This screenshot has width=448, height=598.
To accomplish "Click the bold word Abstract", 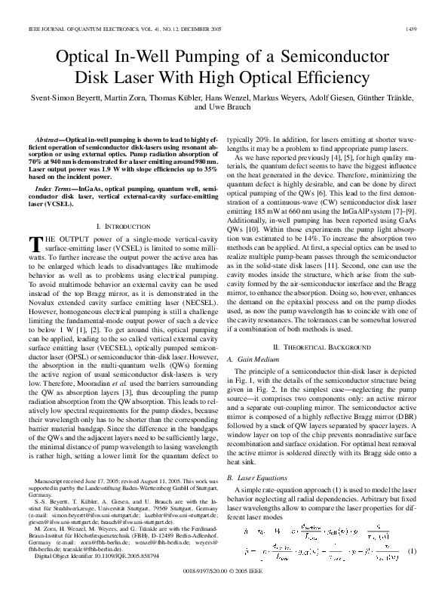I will pyautogui.click(x=50, y=140).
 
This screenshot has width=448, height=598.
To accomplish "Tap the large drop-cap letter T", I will pyautogui.click(x=33, y=243).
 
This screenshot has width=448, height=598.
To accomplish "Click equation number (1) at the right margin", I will pyautogui.click(x=412, y=550).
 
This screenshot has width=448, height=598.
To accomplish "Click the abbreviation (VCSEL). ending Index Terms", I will pyautogui.click(x=44, y=204).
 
